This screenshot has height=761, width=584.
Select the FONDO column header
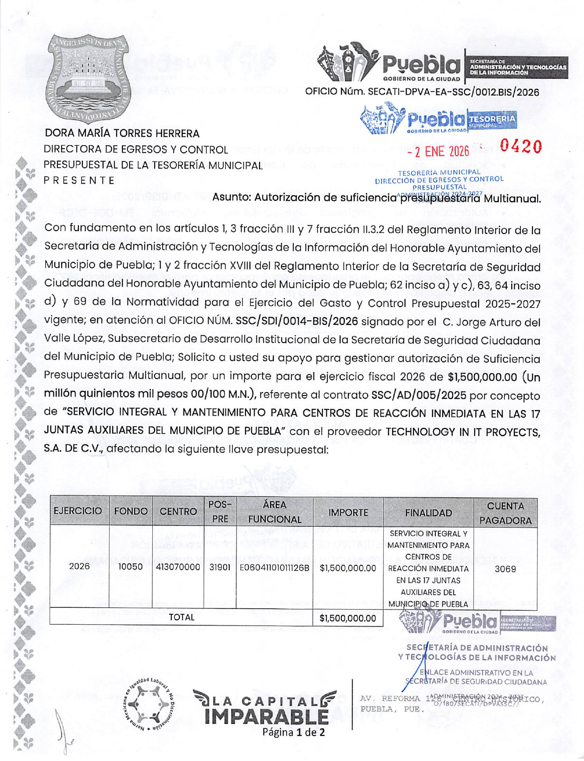(x=131, y=511)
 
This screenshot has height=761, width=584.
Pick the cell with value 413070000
(x=178, y=568)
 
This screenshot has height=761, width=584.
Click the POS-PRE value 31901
(x=220, y=568)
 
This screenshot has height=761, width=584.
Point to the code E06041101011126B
(x=274, y=568)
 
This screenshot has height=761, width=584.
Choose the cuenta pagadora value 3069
(x=505, y=569)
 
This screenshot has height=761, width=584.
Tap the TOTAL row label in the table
(x=181, y=617)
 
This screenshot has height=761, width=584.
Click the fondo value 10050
(x=131, y=567)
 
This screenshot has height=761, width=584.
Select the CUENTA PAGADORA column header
(x=505, y=513)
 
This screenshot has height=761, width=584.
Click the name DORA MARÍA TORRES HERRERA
(x=122, y=134)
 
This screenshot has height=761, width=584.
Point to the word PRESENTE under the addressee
(x=79, y=180)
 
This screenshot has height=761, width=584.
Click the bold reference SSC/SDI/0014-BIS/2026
(x=296, y=321)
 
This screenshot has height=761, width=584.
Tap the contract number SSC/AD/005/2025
(x=419, y=395)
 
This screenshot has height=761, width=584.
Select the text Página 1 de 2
(x=293, y=732)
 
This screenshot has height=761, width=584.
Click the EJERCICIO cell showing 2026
(x=79, y=566)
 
